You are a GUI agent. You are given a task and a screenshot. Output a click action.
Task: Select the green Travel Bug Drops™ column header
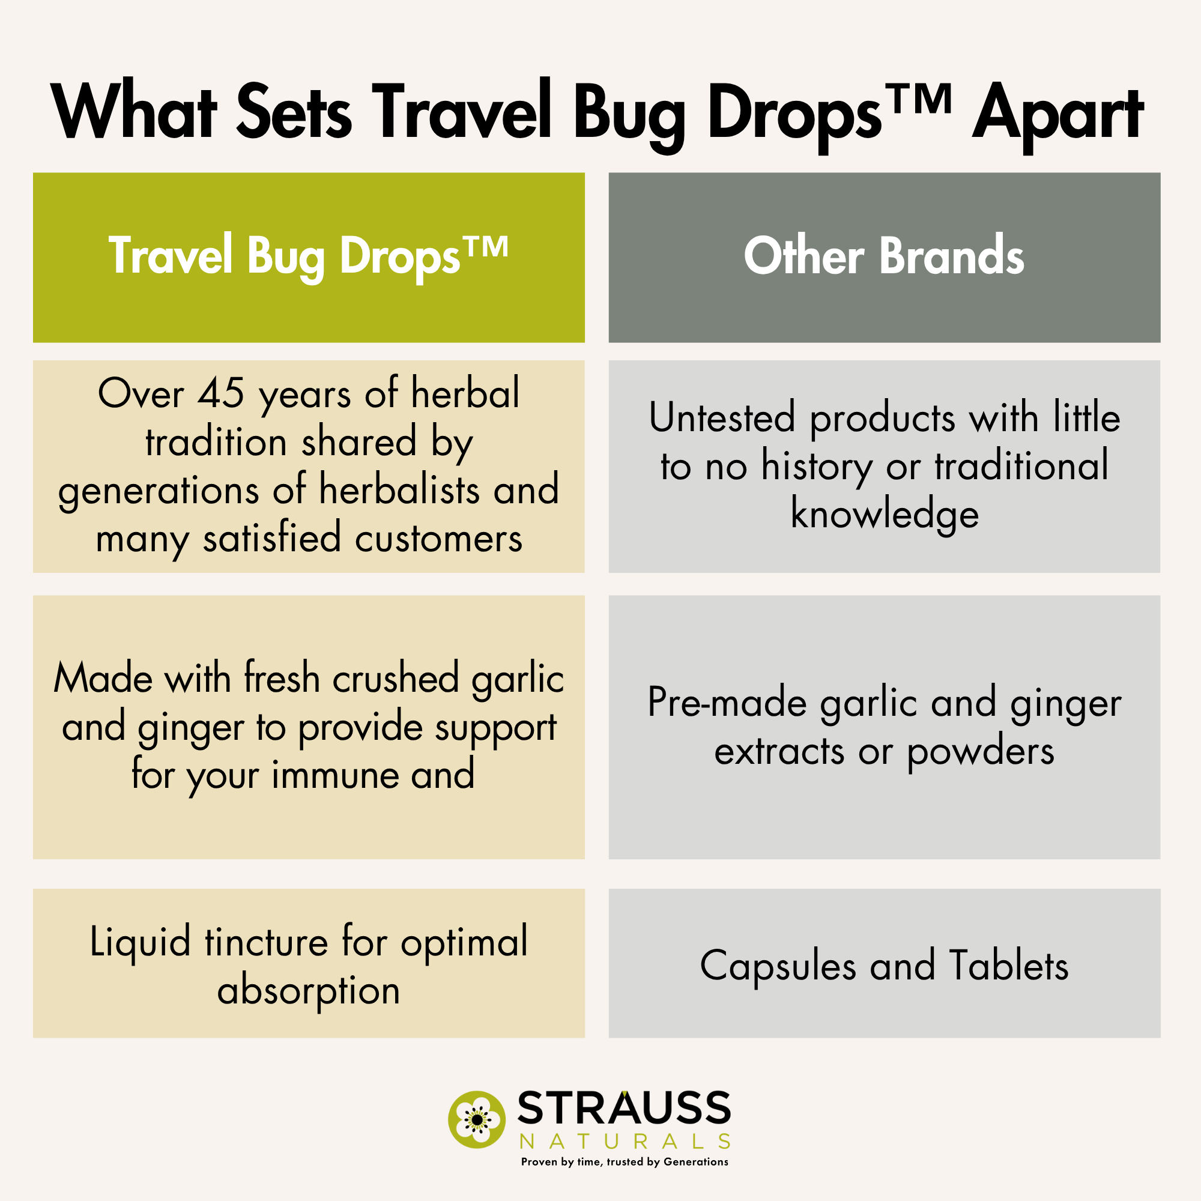(308, 257)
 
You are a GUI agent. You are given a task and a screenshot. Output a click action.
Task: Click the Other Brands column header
(884, 257)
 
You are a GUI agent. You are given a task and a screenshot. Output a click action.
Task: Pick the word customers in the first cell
(439, 537)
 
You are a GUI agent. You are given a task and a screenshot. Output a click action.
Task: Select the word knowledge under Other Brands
(884, 514)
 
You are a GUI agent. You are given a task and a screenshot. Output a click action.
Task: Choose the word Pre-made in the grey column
(728, 703)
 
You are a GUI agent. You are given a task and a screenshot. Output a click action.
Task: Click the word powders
(981, 752)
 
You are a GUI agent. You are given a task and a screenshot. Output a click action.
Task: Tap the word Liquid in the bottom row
(140, 942)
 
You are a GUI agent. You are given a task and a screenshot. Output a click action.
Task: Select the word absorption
(308, 990)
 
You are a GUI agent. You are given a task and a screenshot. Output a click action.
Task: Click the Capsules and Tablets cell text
(884, 966)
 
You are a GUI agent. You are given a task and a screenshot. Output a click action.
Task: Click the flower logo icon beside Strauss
(477, 1119)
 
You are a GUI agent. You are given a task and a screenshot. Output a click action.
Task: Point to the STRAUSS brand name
(623, 1109)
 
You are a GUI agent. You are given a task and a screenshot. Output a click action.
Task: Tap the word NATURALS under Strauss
(623, 1142)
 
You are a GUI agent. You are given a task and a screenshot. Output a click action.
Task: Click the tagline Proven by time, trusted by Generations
(624, 1162)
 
